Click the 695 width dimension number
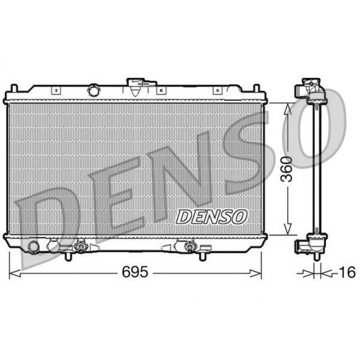click(x=135, y=272)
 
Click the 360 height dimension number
click(x=287, y=169)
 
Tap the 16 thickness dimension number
click(x=347, y=272)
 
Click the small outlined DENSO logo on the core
click(x=212, y=217)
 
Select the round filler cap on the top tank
click(x=94, y=90)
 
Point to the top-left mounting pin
click(x=14, y=88)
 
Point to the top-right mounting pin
click(x=256, y=88)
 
